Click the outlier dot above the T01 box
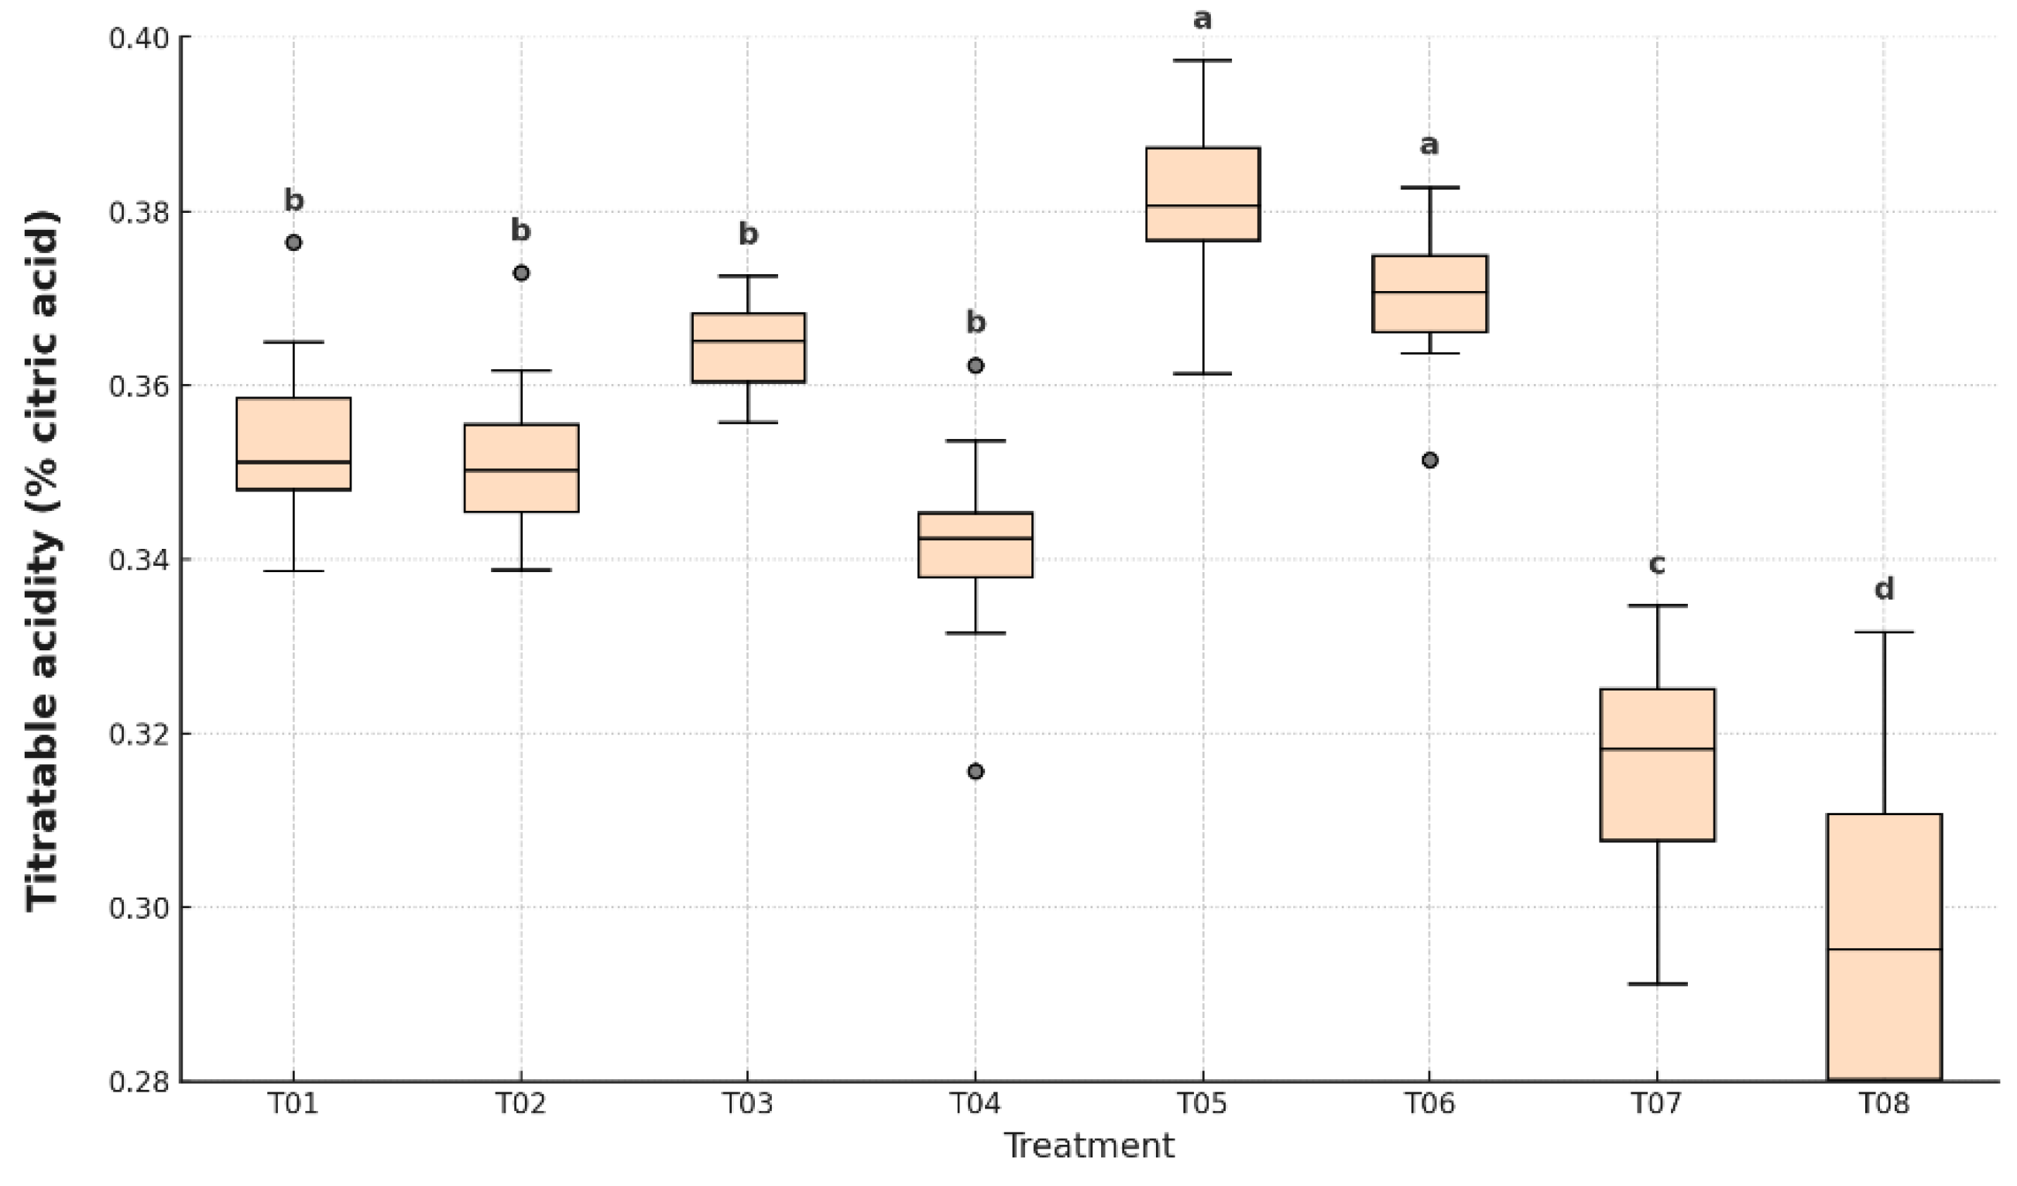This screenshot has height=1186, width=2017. (x=293, y=242)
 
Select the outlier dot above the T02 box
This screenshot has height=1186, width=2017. (x=521, y=273)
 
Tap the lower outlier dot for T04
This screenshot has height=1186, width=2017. (x=976, y=772)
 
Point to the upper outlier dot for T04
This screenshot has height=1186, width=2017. (x=976, y=365)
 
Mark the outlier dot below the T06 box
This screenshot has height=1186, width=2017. (x=1430, y=460)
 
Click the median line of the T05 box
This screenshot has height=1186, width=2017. (x=1203, y=206)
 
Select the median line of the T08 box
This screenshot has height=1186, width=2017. (x=1884, y=949)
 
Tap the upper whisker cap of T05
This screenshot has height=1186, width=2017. (x=1203, y=60)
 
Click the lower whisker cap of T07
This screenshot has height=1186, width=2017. (x=1658, y=983)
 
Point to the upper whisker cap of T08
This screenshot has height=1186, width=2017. (x=1884, y=632)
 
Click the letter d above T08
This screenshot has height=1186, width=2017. (x=1884, y=590)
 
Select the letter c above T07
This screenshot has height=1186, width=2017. (x=1658, y=565)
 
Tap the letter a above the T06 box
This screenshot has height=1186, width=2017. (x=1429, y=146)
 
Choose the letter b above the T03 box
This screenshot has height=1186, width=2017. (x=748, y=234)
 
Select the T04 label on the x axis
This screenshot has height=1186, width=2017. (x=976, y=1105)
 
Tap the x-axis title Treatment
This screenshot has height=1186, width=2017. (x=1089, y=1146)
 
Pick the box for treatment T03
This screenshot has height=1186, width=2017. (x=749, y=348)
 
